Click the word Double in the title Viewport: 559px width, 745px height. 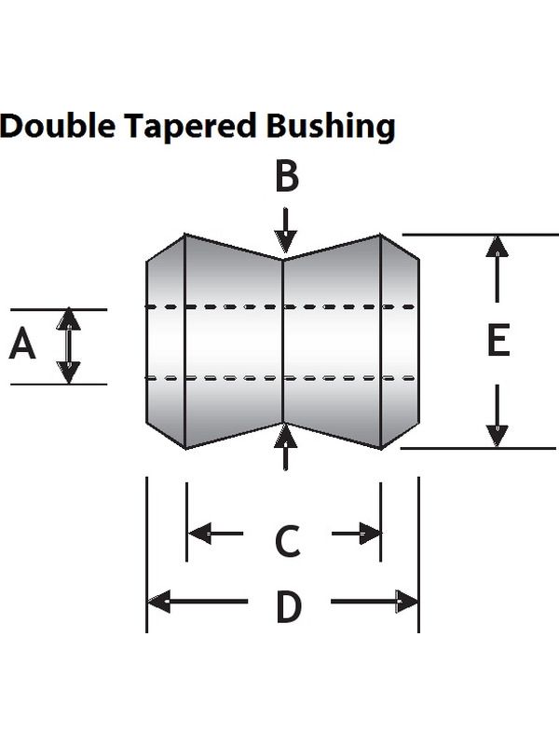58,125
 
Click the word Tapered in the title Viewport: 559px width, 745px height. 191,127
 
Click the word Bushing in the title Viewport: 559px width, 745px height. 331,127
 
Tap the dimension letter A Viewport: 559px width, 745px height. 22,345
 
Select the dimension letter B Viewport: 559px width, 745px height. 287,176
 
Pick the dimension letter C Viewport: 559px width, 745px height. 288,541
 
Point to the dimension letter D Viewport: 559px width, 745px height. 289,607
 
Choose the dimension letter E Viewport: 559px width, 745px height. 498,340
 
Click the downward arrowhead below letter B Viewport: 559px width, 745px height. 285,242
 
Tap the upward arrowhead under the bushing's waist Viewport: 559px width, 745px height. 285,435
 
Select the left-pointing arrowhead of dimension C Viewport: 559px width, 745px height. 199,534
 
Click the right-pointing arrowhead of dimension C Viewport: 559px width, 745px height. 370,534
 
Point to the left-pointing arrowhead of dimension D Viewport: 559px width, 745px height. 159,602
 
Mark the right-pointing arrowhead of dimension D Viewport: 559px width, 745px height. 407,602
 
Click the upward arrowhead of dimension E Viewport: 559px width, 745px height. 498,246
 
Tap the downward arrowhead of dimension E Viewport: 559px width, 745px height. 498,436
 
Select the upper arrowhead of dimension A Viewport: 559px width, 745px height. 68,319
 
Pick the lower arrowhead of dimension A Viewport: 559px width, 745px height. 68,372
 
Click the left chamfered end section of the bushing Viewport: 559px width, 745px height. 166,341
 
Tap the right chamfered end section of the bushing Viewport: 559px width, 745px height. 400,341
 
